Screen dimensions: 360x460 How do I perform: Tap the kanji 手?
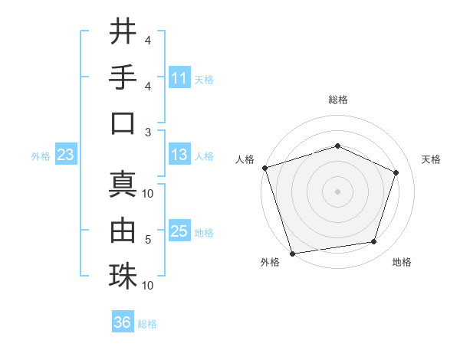(x=123, y=77)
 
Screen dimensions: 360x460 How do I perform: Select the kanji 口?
(x=123, y=123)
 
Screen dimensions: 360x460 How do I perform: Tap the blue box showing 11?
(x=179, y=78)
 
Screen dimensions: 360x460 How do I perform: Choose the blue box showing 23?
(x=65, y=155)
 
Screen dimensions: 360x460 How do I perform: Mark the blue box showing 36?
(x=123, y=322)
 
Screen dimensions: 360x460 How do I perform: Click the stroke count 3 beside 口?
(x=148, y=132)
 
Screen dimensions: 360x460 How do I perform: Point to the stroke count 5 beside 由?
(x=148, y=240)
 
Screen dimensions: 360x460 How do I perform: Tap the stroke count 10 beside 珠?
(x=148, y=285)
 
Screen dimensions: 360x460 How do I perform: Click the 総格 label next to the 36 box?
(x=147, y=324)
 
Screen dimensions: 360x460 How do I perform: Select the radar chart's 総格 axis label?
(x=337, y=100)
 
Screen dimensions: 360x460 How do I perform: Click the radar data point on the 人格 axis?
(x=264, y=168)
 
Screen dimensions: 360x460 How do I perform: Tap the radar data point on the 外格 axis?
(x=293, y=253)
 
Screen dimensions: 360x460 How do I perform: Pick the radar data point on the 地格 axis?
(x=373, y=242)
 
